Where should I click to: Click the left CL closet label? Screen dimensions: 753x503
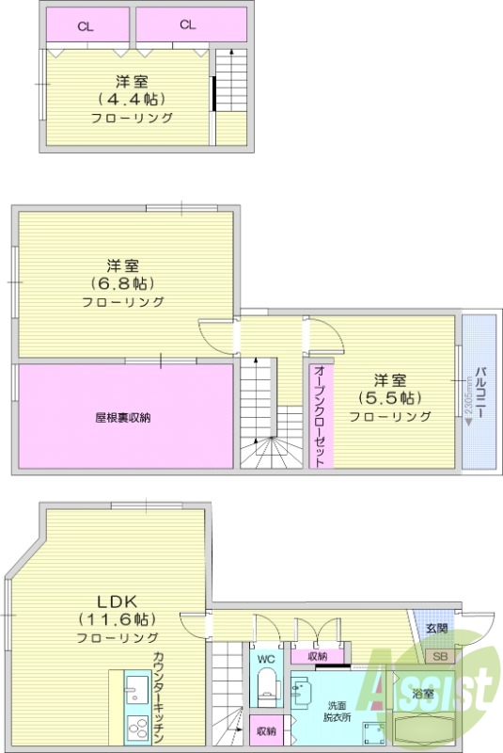[x=86, y=25]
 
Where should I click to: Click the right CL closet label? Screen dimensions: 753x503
[x=187, y=25]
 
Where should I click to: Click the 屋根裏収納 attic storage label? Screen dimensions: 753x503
[x=122, y=417]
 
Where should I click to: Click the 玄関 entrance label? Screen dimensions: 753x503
[x=436, y=629]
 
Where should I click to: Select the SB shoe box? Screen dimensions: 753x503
[x=438, y=655]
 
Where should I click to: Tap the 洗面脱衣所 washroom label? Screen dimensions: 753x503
[x=338, y=712]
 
